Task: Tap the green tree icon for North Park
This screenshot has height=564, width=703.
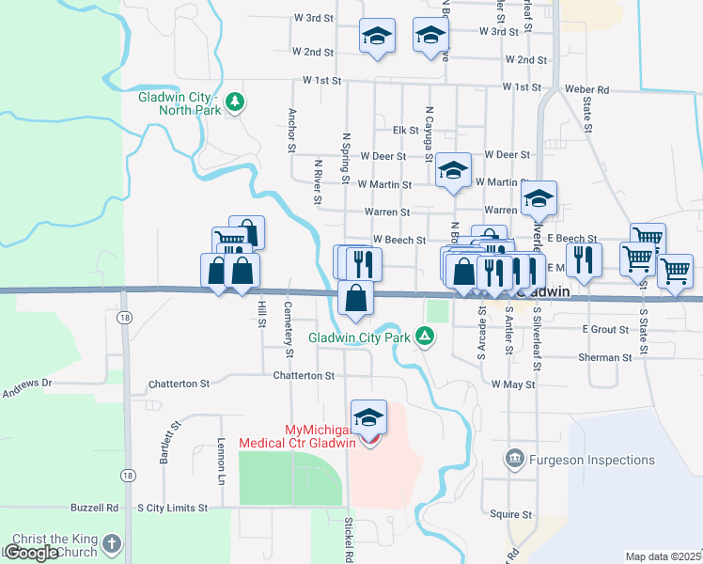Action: [235, 101]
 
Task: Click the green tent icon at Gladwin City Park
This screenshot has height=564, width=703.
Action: [426, 336]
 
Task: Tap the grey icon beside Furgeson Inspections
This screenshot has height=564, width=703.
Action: [514, 460]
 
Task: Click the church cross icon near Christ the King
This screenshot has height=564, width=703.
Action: [112, 543]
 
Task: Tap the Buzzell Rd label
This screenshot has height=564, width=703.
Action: [100, 508]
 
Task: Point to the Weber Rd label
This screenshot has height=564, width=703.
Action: [587, 89]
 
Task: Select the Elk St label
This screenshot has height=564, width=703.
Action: [405, 130]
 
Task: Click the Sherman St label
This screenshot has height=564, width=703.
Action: [605, 358]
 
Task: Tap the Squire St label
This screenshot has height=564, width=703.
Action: [512, 515]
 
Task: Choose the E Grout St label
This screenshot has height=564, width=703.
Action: [605, 329]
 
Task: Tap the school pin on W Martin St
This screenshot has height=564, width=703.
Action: [454, 171]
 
